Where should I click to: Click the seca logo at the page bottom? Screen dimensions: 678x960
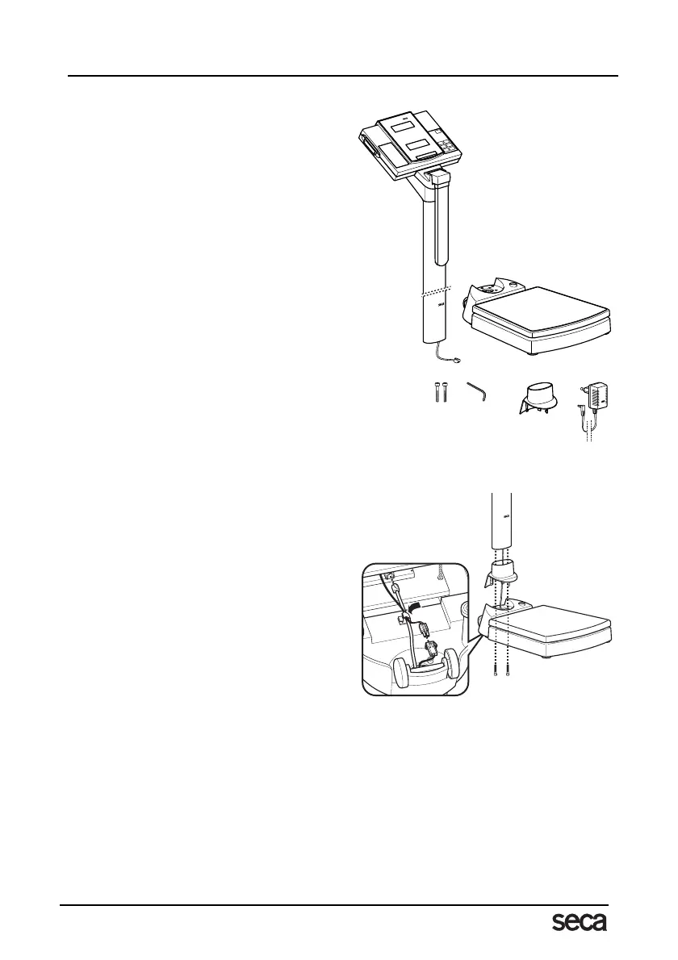coord(580,921)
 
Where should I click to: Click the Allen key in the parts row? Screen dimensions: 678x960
coord(479,395)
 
